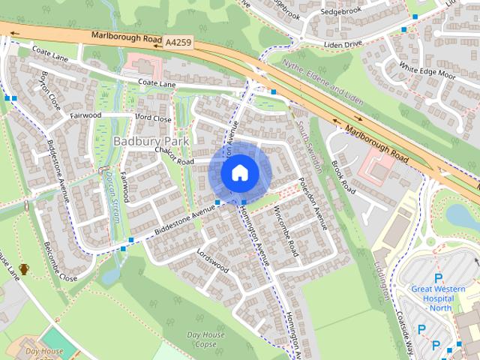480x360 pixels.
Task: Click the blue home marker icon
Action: pos(239,172)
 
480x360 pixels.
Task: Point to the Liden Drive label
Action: pos(343,44)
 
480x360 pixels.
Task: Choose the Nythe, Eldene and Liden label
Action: pos(323,83)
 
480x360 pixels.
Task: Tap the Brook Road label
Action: pos(342,176)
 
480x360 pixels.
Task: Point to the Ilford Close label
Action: pos(153,118)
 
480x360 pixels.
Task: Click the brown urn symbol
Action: pos(24,269)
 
